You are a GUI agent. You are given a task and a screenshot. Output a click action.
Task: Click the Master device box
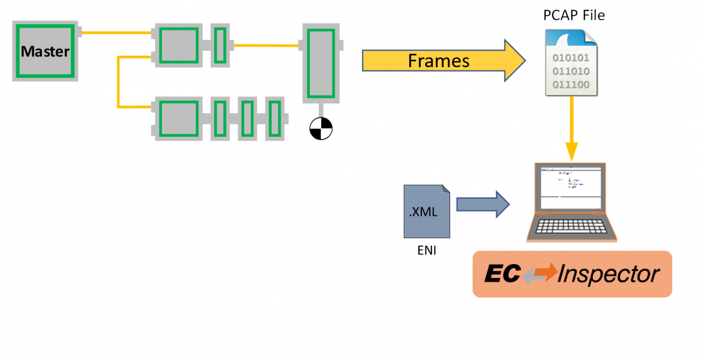[46, 51]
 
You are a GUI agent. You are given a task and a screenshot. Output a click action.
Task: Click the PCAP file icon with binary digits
[571, 62]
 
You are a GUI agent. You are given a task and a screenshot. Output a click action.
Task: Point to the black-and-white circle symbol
[321, 128]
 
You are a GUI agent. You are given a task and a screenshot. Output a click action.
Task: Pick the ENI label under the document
[427, 251]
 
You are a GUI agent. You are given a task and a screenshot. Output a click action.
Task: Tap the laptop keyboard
[572, 227]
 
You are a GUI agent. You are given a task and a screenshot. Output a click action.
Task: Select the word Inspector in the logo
[609, 274]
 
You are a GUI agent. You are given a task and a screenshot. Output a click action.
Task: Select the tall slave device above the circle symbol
[321, 63]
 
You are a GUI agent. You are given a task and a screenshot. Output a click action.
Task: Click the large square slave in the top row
[178, 44]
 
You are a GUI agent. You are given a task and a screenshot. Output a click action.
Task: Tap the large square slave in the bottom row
[178, 119]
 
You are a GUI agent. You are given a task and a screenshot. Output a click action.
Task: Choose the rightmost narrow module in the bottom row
[275, 119]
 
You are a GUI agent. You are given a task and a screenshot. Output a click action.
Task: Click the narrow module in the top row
[220, 44]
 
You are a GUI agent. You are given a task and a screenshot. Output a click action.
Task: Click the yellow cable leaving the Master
[114, 32]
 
